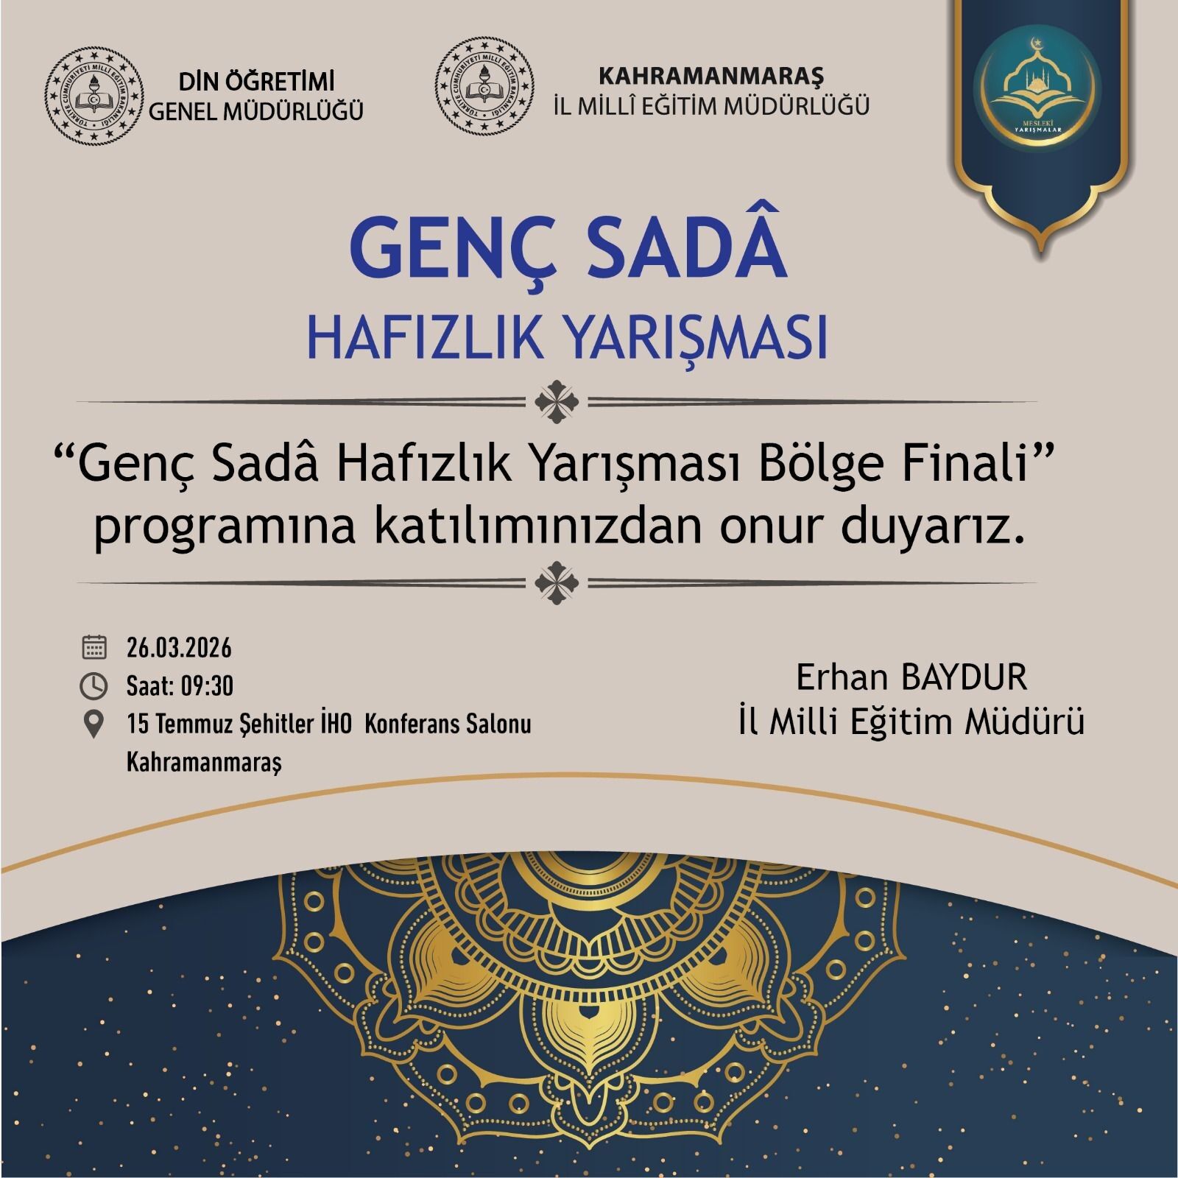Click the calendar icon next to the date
pyautogui.click(x=94, y=648)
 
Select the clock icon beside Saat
pyautogui.click(x=94, y=686)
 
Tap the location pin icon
pyautogui.click(x=94, y=724)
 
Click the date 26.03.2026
pyautogui.click(x=179, y=649)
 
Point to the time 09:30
pyautogui.click(x=207, y=686)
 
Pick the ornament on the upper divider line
pyautogui.click(x=557, y=402)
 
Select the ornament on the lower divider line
pyautogui.click(x=557, y=582)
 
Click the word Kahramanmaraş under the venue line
pyautogui.click(x=205, y=761)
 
